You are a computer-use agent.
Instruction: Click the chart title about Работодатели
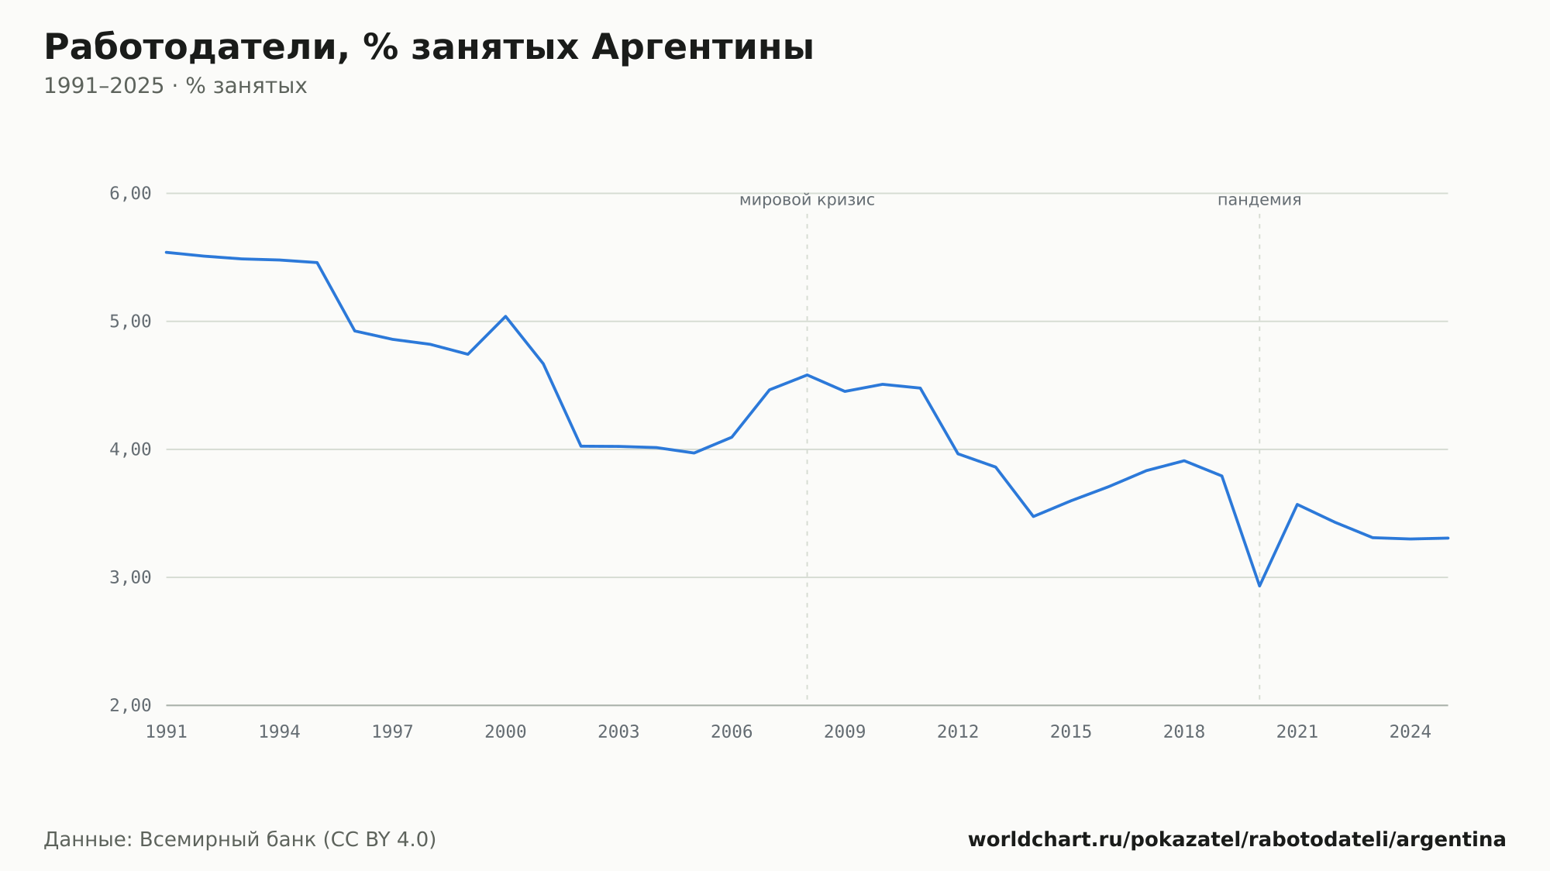tap(429, 48)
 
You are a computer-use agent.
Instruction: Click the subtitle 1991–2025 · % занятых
tap(175, 86)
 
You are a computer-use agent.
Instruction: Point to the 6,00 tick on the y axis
tap(130, 194)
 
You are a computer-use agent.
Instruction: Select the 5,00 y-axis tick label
tap(130, 322)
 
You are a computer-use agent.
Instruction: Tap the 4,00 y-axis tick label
tap(130, 449)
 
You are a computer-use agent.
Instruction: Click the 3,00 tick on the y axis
tap(130, 577)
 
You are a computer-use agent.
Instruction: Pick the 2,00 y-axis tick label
tap(130, 705)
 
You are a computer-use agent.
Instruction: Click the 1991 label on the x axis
tap(167, 732)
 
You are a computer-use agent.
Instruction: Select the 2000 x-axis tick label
tap(505, 732)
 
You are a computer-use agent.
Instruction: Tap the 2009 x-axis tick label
tap(845, 732)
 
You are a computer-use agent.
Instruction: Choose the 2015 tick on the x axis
tap(1071, 732)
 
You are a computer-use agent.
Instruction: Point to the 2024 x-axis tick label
tap(1410, 732)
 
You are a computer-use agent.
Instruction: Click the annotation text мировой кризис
tap(807, 201)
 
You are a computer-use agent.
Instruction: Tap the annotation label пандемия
tap(1259, 201)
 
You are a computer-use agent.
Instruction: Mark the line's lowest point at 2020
tap(1259, 586)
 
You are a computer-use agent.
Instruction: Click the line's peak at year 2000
tap(505, 316)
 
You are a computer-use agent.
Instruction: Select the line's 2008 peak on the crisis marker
tap(807, 375)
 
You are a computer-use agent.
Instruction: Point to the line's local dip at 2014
tap(1033, 516)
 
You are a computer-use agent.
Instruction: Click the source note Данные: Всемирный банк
tap(240, 840)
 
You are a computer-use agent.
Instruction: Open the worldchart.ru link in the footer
tap(1237, 840)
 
